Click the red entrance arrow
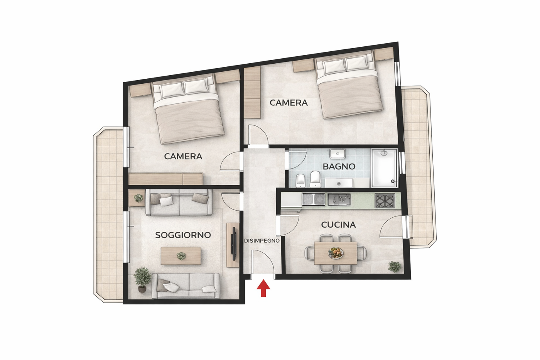263,288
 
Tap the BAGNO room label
339,166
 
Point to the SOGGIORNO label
183,235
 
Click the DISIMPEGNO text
262,241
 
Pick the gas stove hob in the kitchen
385,201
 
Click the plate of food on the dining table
336,253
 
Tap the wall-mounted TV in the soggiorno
233,243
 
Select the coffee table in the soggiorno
181,255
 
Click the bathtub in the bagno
384,168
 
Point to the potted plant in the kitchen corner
395,267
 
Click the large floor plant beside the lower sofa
142,279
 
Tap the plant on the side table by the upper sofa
138,198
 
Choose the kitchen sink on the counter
314,199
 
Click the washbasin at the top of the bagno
338,154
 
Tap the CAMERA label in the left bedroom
183,156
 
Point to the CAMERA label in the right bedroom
289,103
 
